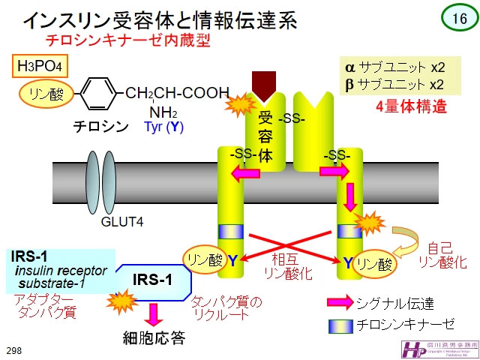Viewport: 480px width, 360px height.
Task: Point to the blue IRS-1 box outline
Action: pos(153,280)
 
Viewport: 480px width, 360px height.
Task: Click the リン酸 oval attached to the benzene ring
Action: pos(46,94)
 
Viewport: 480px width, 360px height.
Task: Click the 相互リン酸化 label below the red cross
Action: pos(285,265)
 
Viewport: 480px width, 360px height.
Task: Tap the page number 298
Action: pos(13,351)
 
